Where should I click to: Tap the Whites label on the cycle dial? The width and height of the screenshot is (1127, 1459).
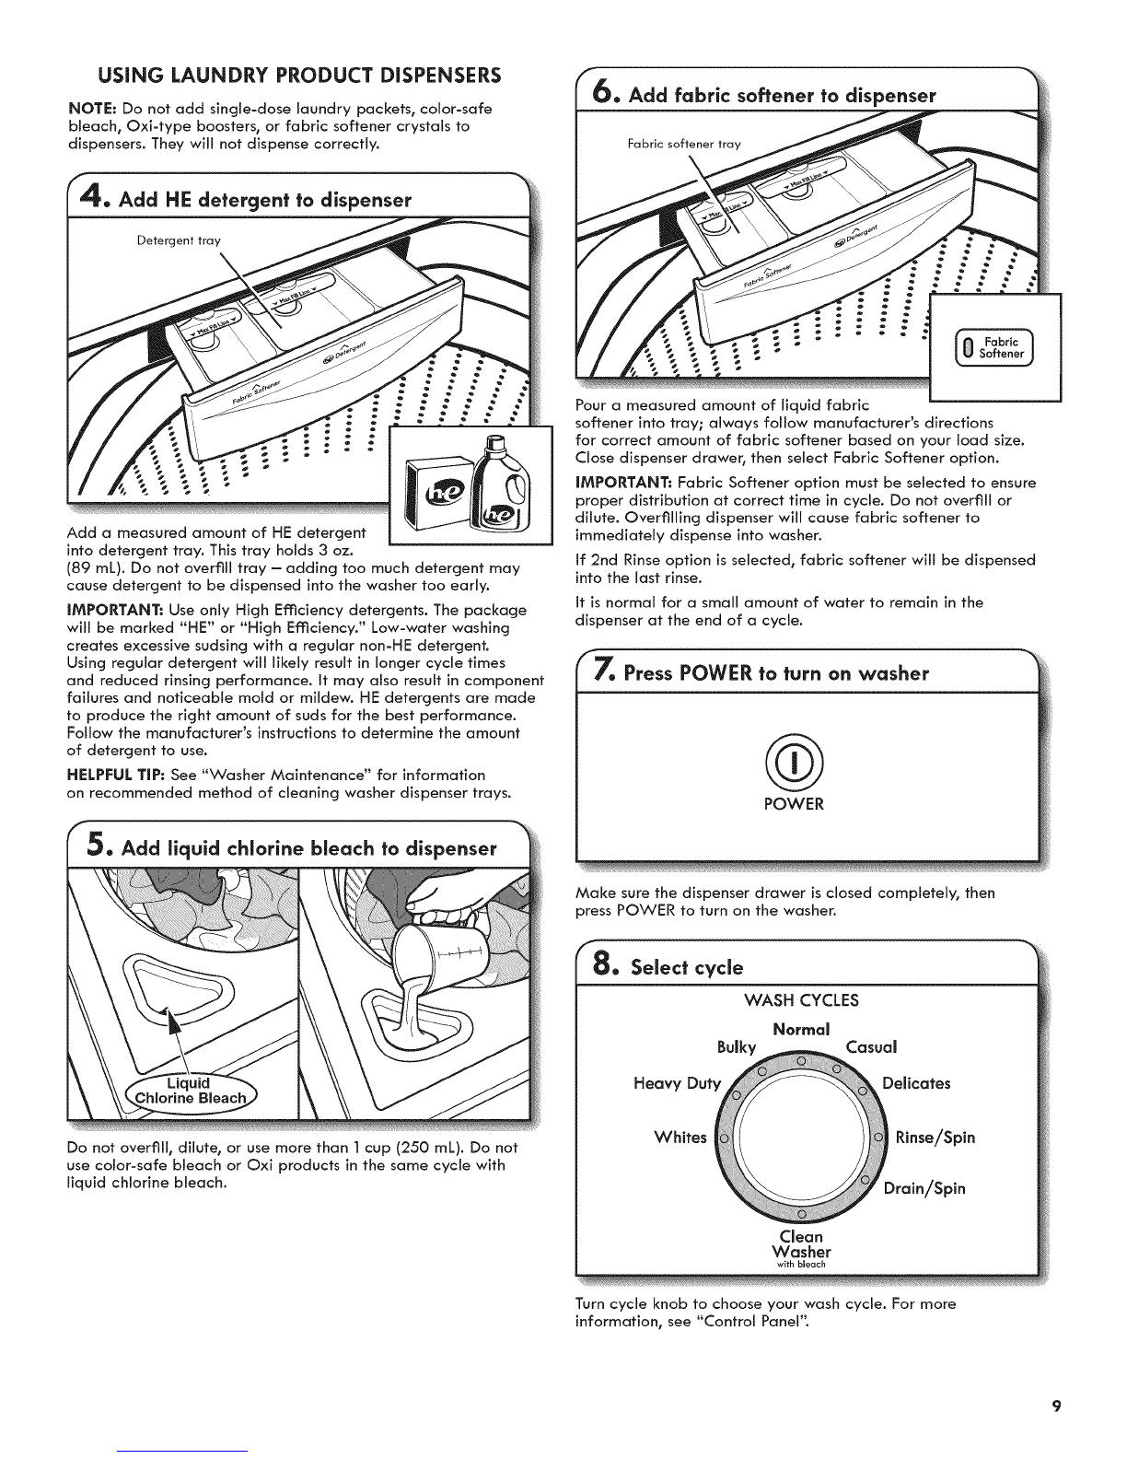680,1137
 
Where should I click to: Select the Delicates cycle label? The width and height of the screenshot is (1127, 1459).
916,1082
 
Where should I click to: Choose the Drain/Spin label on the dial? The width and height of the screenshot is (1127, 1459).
924,1187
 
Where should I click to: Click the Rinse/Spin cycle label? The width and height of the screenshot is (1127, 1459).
934,1137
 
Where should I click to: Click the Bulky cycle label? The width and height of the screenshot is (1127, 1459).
736,1046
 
